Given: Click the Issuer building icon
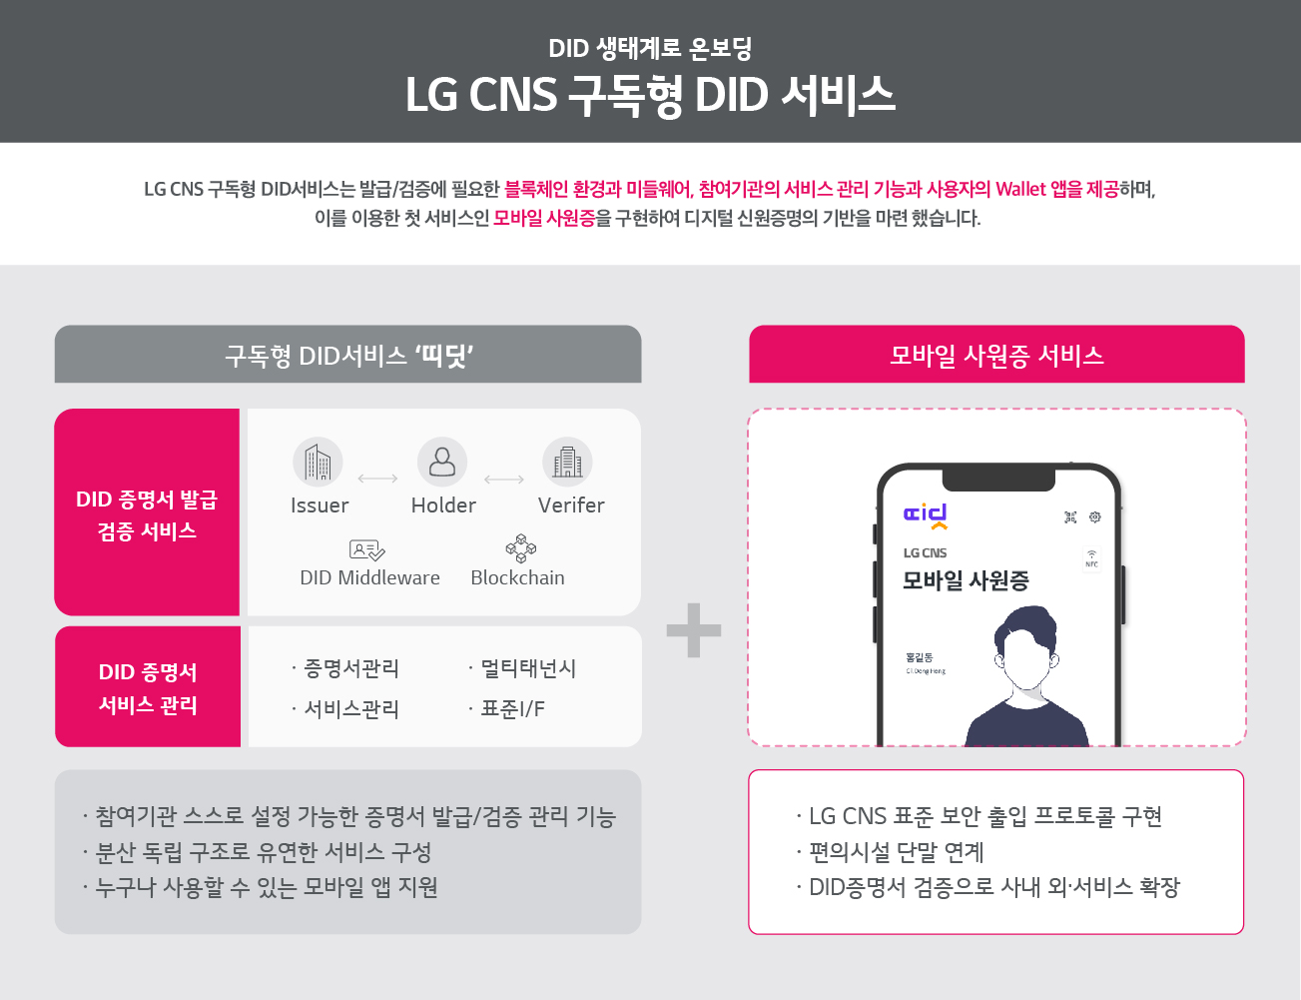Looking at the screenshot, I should point(318,462).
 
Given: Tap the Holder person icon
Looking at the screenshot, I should point(442,462).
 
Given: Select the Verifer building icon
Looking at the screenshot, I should point(567,462).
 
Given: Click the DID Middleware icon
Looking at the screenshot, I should point(366,549).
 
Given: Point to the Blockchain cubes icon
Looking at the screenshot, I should point(520,548).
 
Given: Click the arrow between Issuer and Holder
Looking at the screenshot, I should point(377,480).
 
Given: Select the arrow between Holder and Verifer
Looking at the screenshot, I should point(504,480).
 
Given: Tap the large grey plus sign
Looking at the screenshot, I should point(694,630).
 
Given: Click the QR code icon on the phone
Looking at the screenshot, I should point(1070,516).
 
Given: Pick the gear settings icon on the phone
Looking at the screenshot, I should point(1095,516).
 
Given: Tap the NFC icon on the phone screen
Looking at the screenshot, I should point(1091,557).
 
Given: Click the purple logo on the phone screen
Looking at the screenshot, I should point(926,515).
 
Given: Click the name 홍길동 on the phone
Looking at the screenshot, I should point(919,657).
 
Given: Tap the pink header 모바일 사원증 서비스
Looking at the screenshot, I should point(996,355).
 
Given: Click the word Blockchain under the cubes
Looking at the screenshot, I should point(517,577).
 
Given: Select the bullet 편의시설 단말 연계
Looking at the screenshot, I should point(896,852).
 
